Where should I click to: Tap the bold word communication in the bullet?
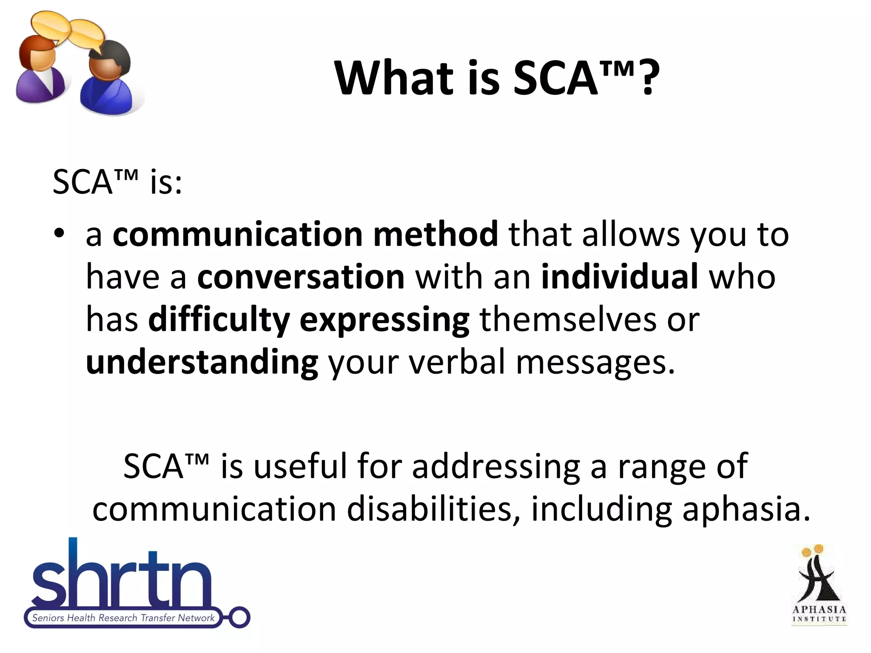coord(237,234)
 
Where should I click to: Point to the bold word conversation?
coord(301,277)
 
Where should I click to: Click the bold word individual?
coord(619,277)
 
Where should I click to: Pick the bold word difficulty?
coord(219,319)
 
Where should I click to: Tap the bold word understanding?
coord(202,363)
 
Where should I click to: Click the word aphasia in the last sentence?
coord(746,510)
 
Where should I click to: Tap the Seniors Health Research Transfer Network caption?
coord(123,618)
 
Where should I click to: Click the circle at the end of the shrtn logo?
coord(239,617)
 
